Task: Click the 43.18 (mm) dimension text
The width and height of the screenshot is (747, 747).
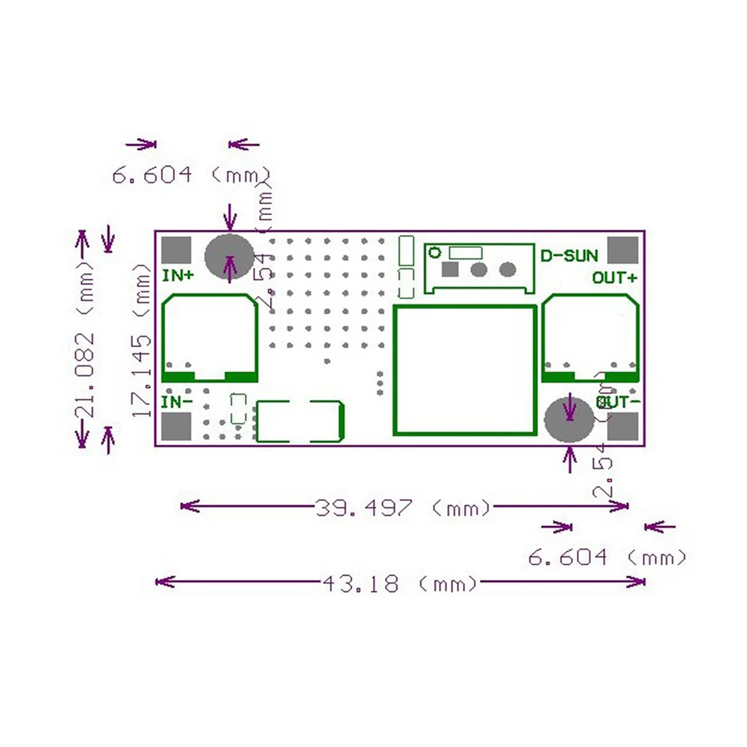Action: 400,583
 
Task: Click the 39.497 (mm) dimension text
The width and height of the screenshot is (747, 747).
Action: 404,508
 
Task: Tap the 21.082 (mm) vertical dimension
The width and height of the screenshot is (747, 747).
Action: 86,340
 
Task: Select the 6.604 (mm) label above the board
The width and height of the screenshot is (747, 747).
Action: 191,175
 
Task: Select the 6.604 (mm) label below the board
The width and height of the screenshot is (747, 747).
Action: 607,557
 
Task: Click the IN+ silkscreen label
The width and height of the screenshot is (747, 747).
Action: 178,275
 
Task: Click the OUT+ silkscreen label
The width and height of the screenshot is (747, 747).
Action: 615,278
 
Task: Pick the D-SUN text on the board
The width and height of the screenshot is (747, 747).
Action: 569,256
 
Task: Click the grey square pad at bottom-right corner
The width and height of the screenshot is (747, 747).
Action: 624,427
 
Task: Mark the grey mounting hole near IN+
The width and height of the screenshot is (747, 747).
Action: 229,257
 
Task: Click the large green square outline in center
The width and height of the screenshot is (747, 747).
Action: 465,370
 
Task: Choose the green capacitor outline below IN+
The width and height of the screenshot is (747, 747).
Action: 210,337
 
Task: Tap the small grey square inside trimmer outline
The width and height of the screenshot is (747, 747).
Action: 451,269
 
